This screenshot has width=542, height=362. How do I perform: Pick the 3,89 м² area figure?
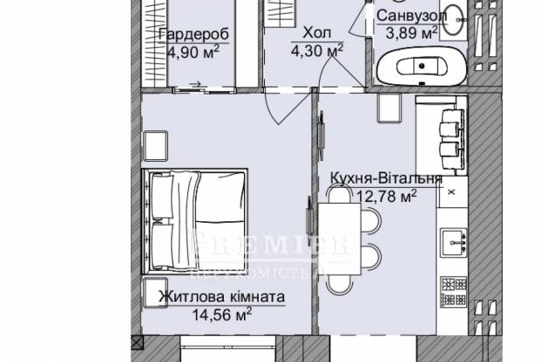(x=412, y=33)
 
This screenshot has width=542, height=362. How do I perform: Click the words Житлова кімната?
(x=222, y=296)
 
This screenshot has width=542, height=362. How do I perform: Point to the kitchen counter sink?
(x=454, y=241)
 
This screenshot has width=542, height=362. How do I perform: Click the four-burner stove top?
(x=453, y=292)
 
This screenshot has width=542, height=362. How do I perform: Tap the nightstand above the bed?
(x=157, y=143)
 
